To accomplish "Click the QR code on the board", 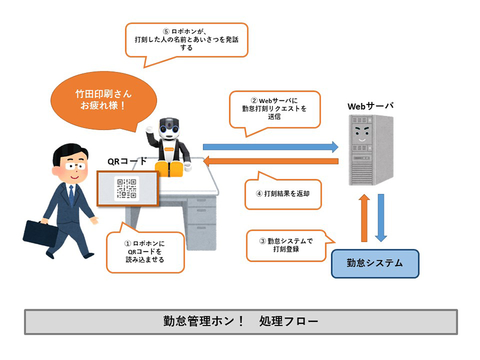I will tap(127, 188).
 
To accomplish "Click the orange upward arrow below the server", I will tap(364, 218).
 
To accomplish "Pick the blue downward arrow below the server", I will tap(380, 218).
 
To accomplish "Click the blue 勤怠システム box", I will tap(375, 263).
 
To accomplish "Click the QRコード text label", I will tap(127, 161).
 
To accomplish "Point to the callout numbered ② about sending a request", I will tap(275, 108).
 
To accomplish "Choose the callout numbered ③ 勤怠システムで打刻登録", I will tap(286, 245).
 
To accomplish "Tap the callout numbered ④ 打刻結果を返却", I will tap(283, 194).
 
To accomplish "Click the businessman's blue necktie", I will tap(71, 196).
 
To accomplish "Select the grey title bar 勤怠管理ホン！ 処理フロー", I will tap(241, 322).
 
